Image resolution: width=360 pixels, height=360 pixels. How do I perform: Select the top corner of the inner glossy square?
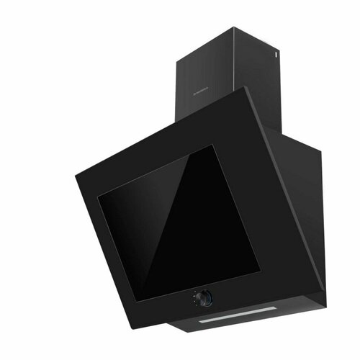coord(215,145)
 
